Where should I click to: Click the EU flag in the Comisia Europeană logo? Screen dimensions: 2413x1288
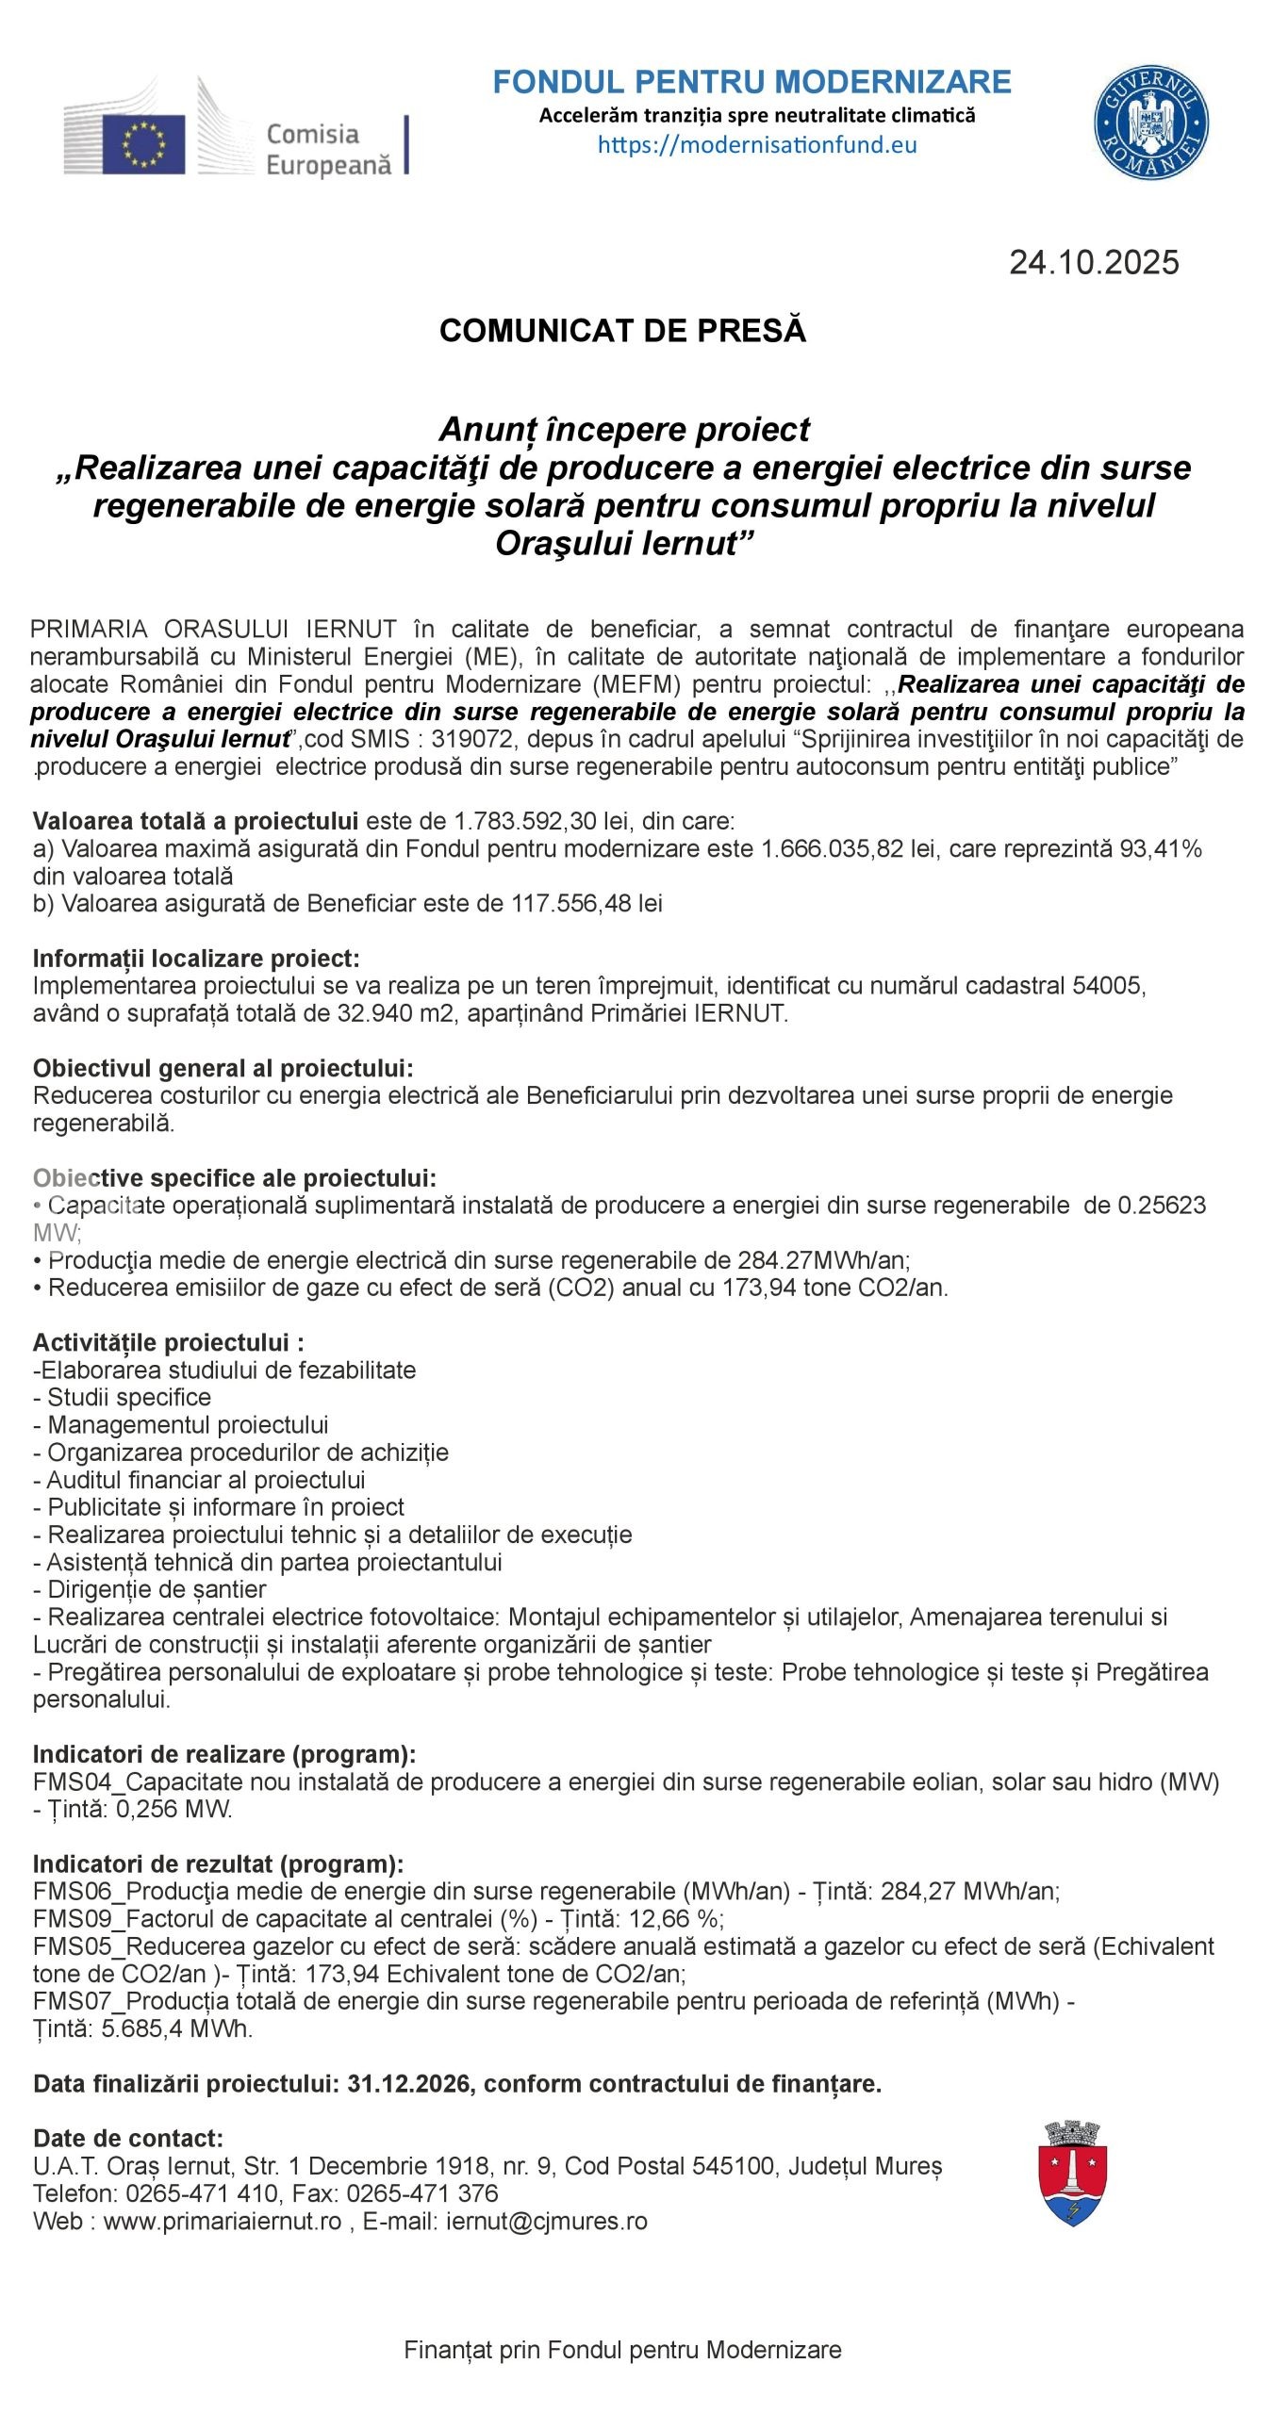pos(144,142)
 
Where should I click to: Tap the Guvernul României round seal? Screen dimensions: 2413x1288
pos(1150,124)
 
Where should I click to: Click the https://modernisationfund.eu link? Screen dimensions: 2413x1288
pos(757,145)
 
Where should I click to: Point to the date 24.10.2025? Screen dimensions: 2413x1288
pos(1094,262)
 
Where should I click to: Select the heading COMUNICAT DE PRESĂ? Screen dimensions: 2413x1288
pos(622,331)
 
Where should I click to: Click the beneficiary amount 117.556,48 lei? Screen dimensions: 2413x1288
pos(586,903)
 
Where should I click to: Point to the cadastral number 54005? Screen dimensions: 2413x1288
pos(1108,986)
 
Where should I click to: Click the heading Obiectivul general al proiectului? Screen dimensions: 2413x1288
pos(223,1068)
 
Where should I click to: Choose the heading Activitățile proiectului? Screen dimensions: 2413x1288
pos(168,1342)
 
